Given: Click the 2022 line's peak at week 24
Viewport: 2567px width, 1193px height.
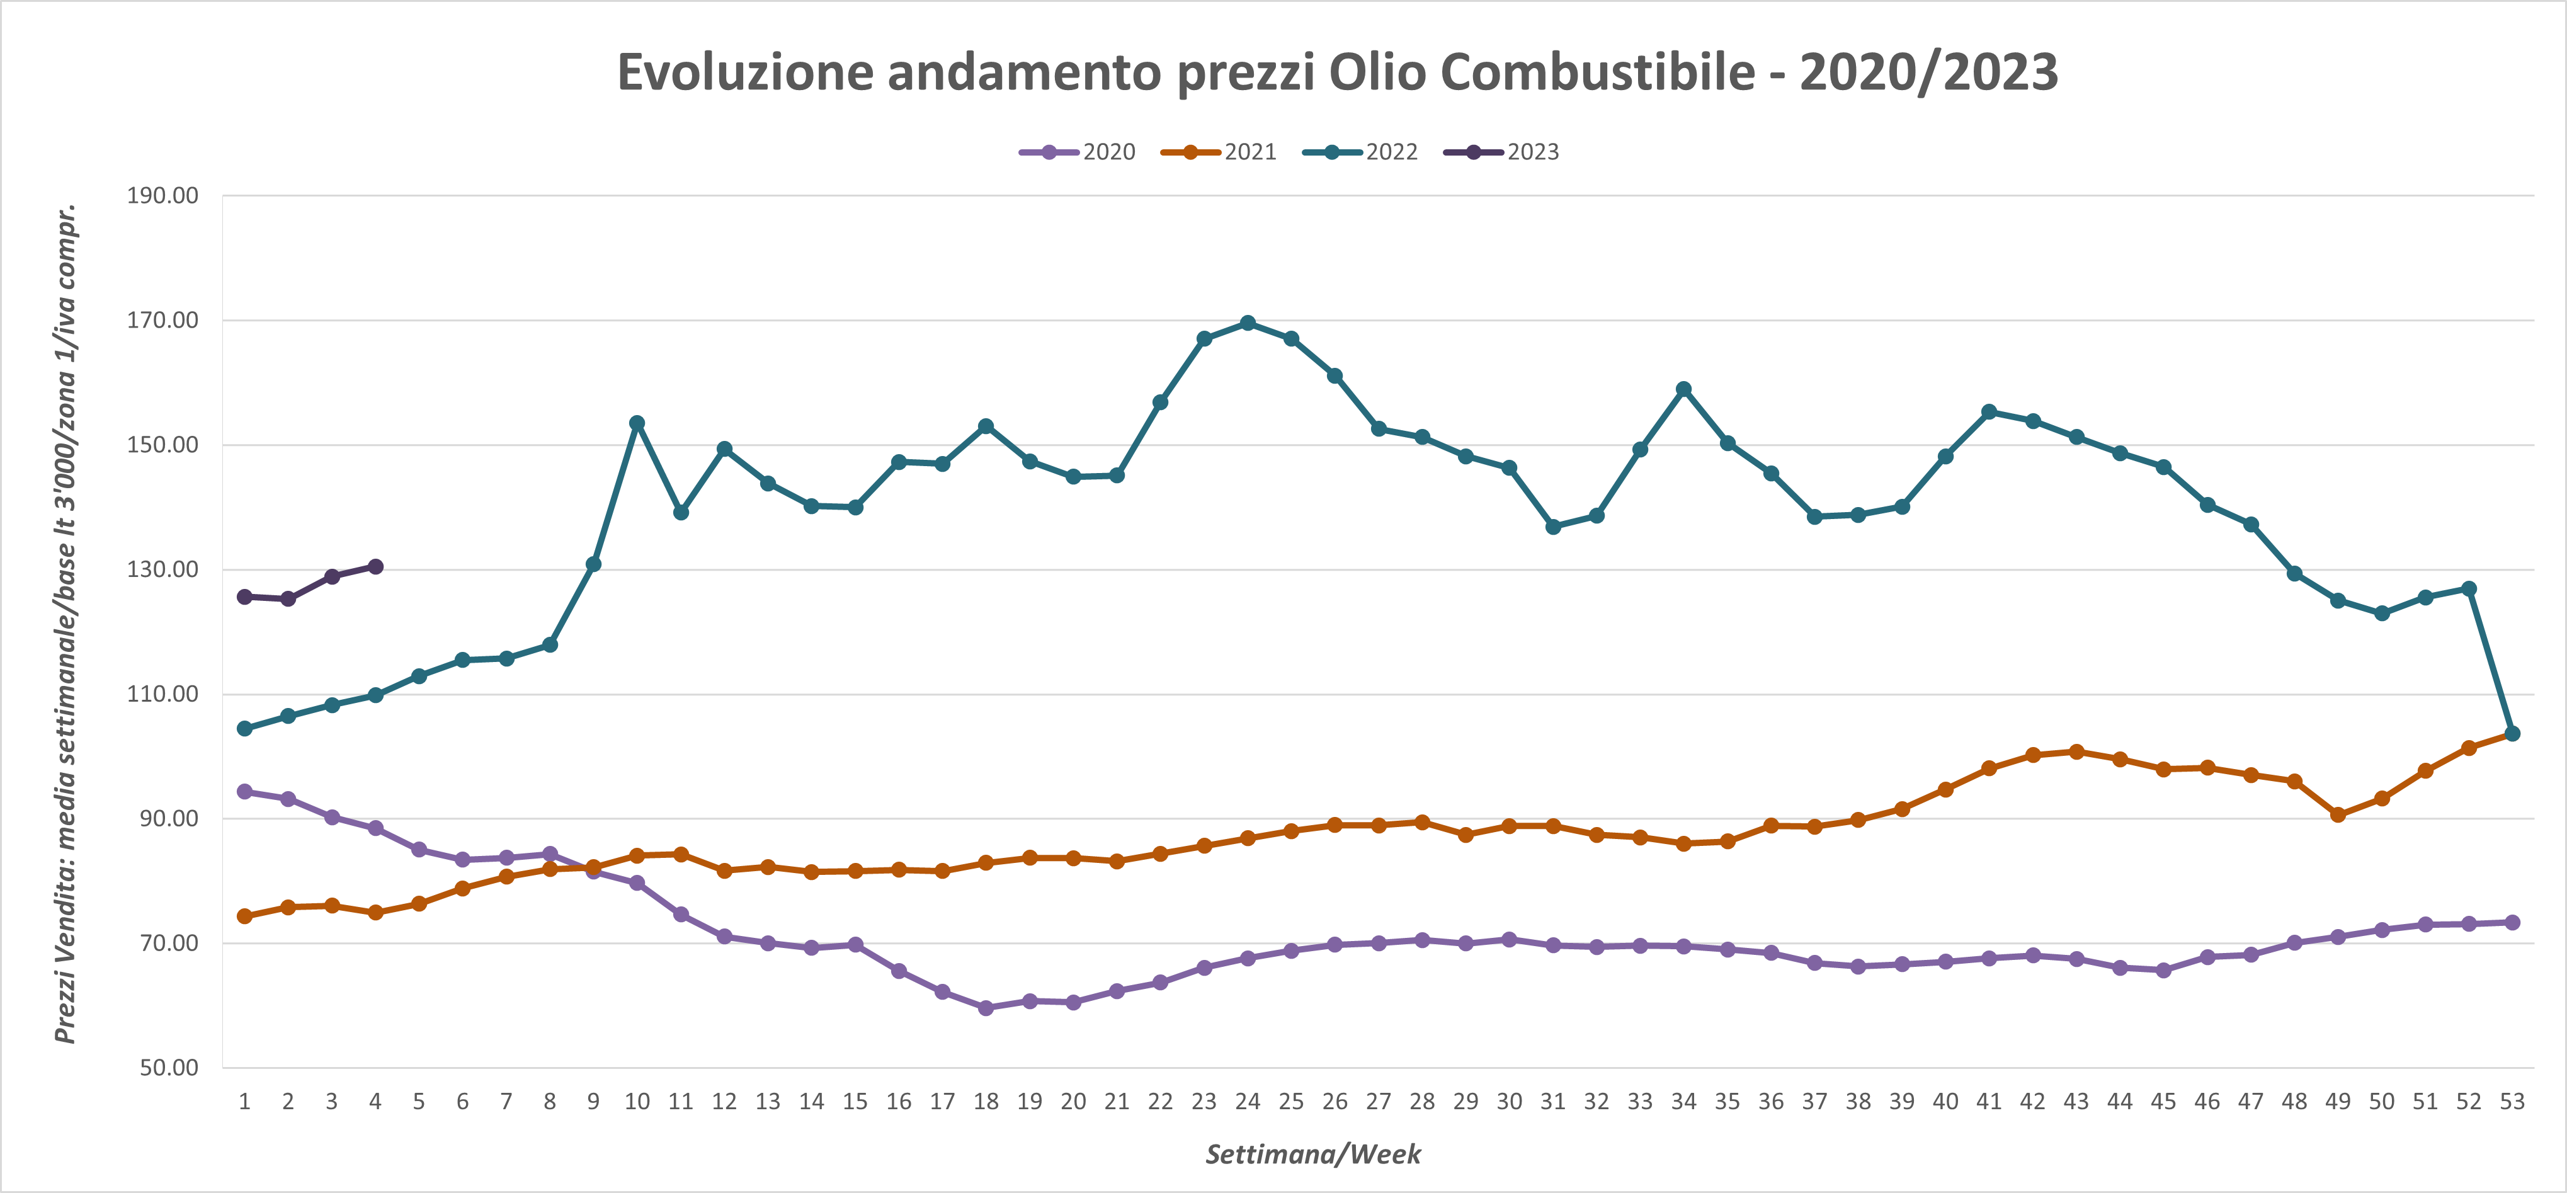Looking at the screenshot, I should click(1248, 323).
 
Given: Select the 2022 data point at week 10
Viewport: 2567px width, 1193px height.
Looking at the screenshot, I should click(637, 423).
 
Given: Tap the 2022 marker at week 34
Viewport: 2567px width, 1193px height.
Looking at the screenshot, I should click(1684, 389).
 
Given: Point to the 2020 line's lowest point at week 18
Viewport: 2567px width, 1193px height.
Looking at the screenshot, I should click(986, 1008).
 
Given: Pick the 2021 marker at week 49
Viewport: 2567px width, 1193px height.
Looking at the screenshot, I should click(2338, 814).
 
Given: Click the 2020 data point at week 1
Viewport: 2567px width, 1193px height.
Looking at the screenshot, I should click(244, 791).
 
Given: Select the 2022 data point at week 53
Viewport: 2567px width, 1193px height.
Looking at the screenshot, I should click(2512, 734).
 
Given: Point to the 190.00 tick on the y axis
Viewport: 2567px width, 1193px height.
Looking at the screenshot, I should click(162, 195).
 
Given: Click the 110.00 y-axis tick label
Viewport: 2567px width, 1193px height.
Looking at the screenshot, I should click(162, 694).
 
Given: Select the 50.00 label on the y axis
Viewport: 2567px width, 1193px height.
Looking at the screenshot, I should click(168, 1068).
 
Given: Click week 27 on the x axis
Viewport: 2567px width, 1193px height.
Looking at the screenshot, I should click(1378, 1101).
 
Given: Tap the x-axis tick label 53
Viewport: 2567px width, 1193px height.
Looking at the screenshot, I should click(2512, 1101).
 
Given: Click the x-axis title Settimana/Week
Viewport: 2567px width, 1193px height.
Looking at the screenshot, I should click(1313, 1154).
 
